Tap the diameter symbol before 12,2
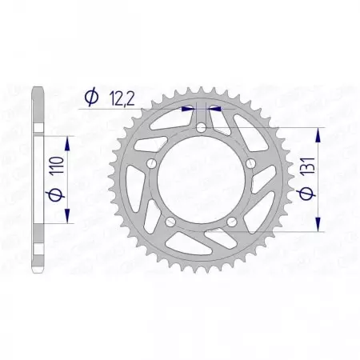[91, 97]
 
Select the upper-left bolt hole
[150, 163]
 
